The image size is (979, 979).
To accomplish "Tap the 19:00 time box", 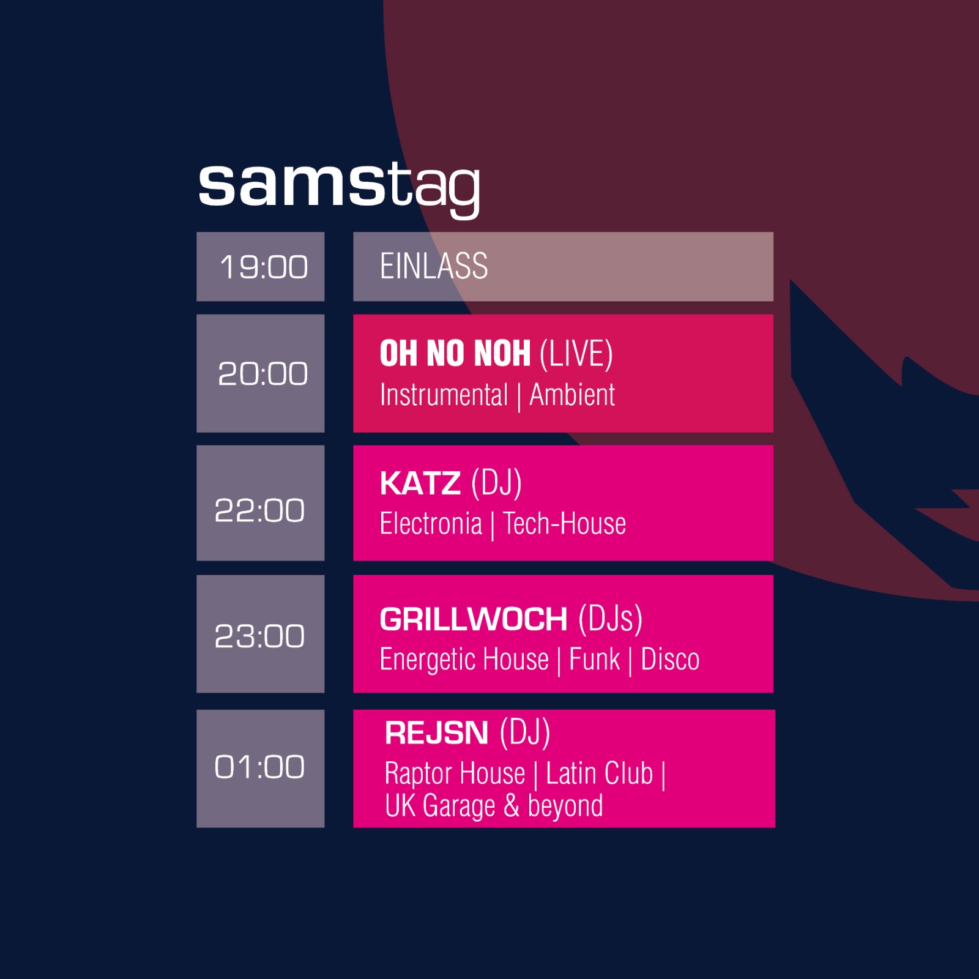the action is point(261,267).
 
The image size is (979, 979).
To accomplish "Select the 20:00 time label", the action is point(263,373).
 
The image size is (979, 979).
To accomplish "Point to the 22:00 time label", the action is point(260,510).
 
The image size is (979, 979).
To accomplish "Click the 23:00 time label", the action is point(260,636).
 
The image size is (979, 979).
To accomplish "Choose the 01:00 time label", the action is point(260,767).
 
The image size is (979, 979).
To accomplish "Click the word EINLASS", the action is point(434,266).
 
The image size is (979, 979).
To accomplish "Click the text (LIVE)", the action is point(576,354).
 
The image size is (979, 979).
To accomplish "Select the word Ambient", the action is point(572,395).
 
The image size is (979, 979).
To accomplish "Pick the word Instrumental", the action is point(444,395).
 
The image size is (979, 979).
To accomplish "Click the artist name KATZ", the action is point(420,483).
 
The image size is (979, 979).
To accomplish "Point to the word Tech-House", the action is point(565,524).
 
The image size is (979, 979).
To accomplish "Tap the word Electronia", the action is point(431,524).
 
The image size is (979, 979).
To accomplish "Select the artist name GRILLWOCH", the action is point(474,619).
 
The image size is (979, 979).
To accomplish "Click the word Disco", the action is point(670,660).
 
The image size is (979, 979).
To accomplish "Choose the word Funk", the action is point(594,660).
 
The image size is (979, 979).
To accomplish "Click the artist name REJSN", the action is point(436,733).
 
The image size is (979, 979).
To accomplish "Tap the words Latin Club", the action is point(600,773).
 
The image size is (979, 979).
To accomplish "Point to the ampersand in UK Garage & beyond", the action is point(512,806).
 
